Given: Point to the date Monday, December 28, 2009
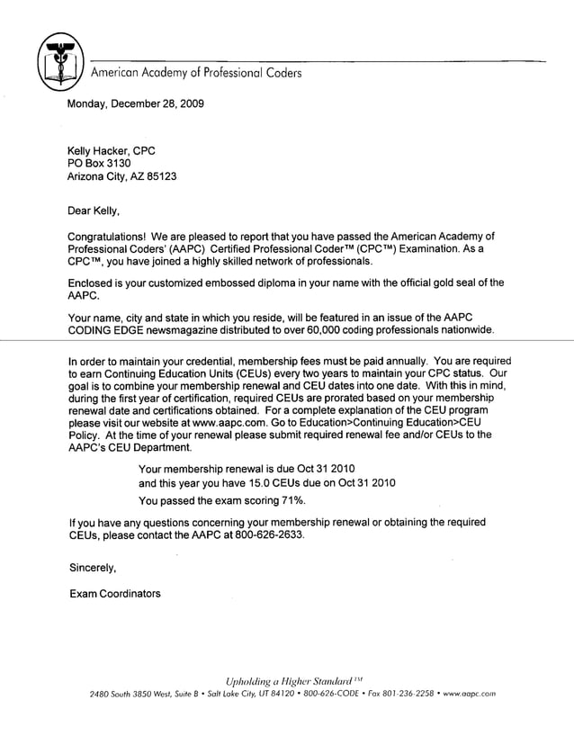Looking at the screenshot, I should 136,103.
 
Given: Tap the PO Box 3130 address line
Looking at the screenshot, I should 100,163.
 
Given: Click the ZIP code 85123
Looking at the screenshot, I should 160,176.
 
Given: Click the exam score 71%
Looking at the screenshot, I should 291,500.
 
